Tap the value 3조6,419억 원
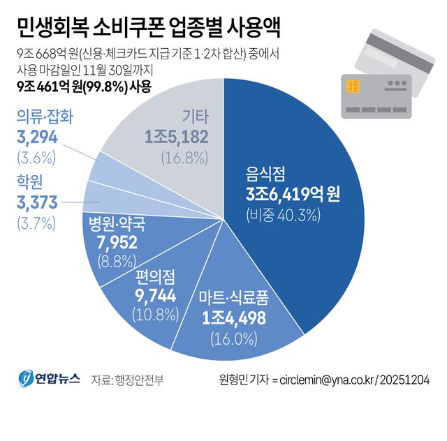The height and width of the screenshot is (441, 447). [x=293, y=194]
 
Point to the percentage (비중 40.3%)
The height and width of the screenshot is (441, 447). [x=283, y=216]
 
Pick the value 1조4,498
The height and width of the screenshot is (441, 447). [x=234, y=320]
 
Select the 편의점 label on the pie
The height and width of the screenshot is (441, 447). [x=158, y=276]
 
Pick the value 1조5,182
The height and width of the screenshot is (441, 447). [x=177, y=136]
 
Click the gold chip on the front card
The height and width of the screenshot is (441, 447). [x=353, y=87]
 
